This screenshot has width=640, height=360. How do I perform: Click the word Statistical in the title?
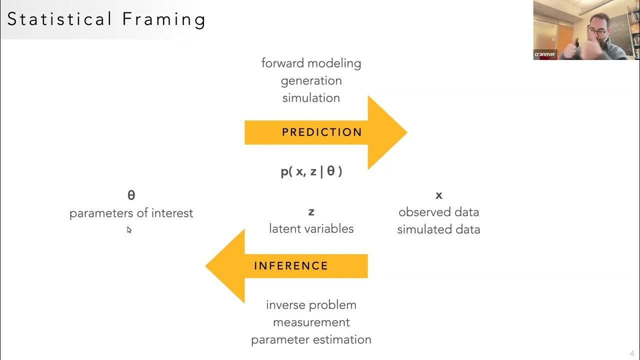(x=59, y=19)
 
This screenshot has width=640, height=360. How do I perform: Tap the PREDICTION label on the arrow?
(x=322, y=132)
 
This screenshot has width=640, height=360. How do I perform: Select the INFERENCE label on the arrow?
(x=291, y=266)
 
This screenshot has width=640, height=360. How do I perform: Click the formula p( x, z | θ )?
(x=311, y=171)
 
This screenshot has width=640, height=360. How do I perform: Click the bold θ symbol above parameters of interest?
(x=131, y=195)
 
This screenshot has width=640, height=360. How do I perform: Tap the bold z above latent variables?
(x=311, y=212)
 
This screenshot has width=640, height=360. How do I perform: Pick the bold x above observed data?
(x=439, y=195)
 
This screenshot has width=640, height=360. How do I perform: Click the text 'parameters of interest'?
(x=131, y=213)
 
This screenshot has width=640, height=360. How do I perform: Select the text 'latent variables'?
(x=311, y=228)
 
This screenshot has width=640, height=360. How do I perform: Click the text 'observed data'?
(x=438, y=212)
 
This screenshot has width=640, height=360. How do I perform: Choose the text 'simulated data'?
(x=438, y=229)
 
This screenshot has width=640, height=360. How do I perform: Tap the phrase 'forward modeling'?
(x=311, y=63)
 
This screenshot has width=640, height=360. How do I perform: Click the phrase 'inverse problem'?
(x=311, y=305)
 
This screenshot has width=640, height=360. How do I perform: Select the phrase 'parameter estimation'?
(x=311, y=339)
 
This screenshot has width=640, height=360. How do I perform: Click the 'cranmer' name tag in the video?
(x=544, y=54)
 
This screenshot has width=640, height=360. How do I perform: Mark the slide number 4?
(x=632, y=353)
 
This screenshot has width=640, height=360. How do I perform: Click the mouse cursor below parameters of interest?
(x=129, y=230)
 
